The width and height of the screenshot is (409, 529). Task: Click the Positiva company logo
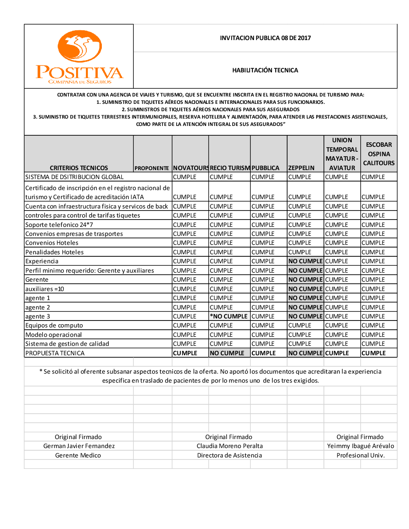(79, 57)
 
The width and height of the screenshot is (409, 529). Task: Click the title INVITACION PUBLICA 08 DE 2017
(265, 38)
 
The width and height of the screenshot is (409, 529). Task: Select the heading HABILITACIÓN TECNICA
(265, 70)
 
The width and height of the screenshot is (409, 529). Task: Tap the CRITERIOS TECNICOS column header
(79, 168)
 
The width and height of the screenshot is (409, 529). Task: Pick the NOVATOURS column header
(191, 168)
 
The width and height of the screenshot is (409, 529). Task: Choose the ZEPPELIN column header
(301, 168)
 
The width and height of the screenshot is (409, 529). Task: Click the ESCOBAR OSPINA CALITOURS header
(379, 154)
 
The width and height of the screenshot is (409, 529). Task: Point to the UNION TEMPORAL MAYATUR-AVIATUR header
(342, 154)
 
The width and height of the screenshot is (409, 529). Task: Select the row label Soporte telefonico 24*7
(59, 225)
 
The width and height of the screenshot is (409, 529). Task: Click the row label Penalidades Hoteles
(54, 252)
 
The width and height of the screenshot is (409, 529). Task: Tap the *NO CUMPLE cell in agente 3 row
(229, 316)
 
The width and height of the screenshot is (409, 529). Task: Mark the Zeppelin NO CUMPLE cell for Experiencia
(306, 261)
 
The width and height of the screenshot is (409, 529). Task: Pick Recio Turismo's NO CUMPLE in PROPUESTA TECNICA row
(227, 353)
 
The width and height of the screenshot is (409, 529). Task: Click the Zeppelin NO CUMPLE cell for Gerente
(306, 280)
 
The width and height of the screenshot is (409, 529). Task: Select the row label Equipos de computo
(54, 325)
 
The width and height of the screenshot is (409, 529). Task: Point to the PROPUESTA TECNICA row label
(55, 353)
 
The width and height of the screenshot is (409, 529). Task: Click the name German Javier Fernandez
(79, 446)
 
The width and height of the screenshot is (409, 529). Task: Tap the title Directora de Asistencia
(229, 455)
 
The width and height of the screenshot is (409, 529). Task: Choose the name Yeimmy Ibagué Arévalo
(360, 446)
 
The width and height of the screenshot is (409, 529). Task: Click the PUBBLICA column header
(265, 168)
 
